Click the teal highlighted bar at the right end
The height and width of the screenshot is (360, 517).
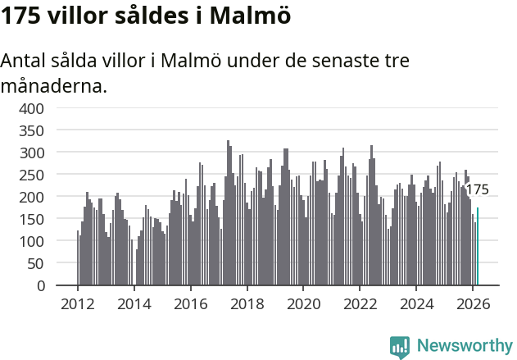click(x=478, y=247)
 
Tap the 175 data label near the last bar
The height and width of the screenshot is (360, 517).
click(x=477, y=189)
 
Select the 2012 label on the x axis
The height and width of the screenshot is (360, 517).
click(x=78, y=303)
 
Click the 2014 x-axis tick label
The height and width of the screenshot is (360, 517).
click(x=134, y=303)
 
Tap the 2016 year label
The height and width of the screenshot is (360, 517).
click(x=191, y=303)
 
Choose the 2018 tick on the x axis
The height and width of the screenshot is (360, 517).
click(x=247, y=303)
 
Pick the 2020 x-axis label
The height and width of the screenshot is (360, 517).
click(x=304, y=303)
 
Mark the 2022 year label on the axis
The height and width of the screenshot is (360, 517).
click(x=361, y=303)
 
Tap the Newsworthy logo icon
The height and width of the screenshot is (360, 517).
click(x=400, y=347)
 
